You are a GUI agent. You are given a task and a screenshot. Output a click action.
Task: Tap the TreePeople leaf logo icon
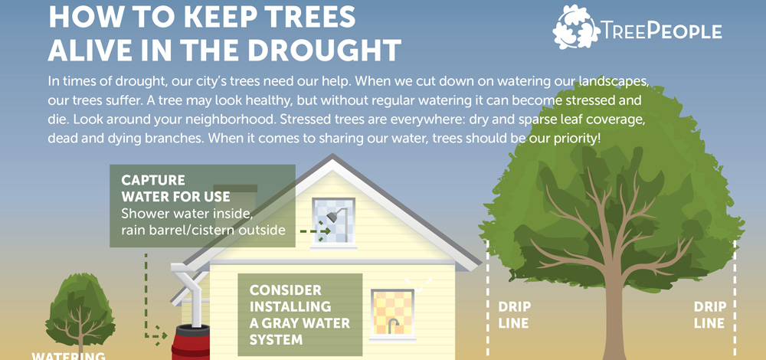(x=576, y=28)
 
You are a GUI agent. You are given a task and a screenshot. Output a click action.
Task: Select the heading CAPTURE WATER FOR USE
(x=175, y=188)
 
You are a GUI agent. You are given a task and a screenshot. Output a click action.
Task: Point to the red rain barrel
(x=191, y=342)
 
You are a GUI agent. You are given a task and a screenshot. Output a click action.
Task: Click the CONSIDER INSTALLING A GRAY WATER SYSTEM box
(x=300, y=315)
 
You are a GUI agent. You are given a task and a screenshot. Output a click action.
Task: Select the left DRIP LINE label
(x=514, y=315)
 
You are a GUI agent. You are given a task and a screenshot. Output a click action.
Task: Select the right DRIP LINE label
(x=710, y=315)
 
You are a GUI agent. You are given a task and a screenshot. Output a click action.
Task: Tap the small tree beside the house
(x=80, y=308)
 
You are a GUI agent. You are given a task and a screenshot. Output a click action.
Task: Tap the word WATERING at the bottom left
(x=68, y=355)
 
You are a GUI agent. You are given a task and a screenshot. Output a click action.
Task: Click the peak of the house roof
(x=332, y=155)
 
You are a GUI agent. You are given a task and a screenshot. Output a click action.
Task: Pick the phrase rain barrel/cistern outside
(x=203, y=228)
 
